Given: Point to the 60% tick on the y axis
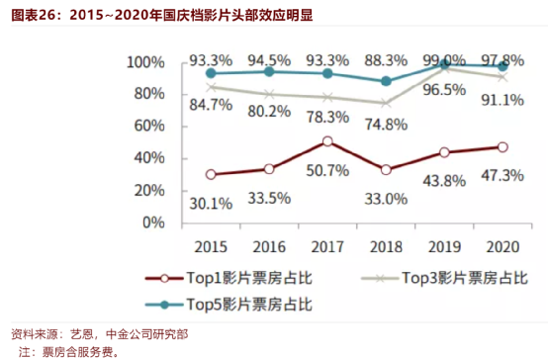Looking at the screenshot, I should click(146, 126).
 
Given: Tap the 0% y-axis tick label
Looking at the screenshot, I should click(153, 223).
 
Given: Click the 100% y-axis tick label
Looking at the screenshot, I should click(143, 61).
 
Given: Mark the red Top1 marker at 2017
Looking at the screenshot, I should click(327, 141).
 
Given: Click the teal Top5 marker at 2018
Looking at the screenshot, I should click(386, 81).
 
